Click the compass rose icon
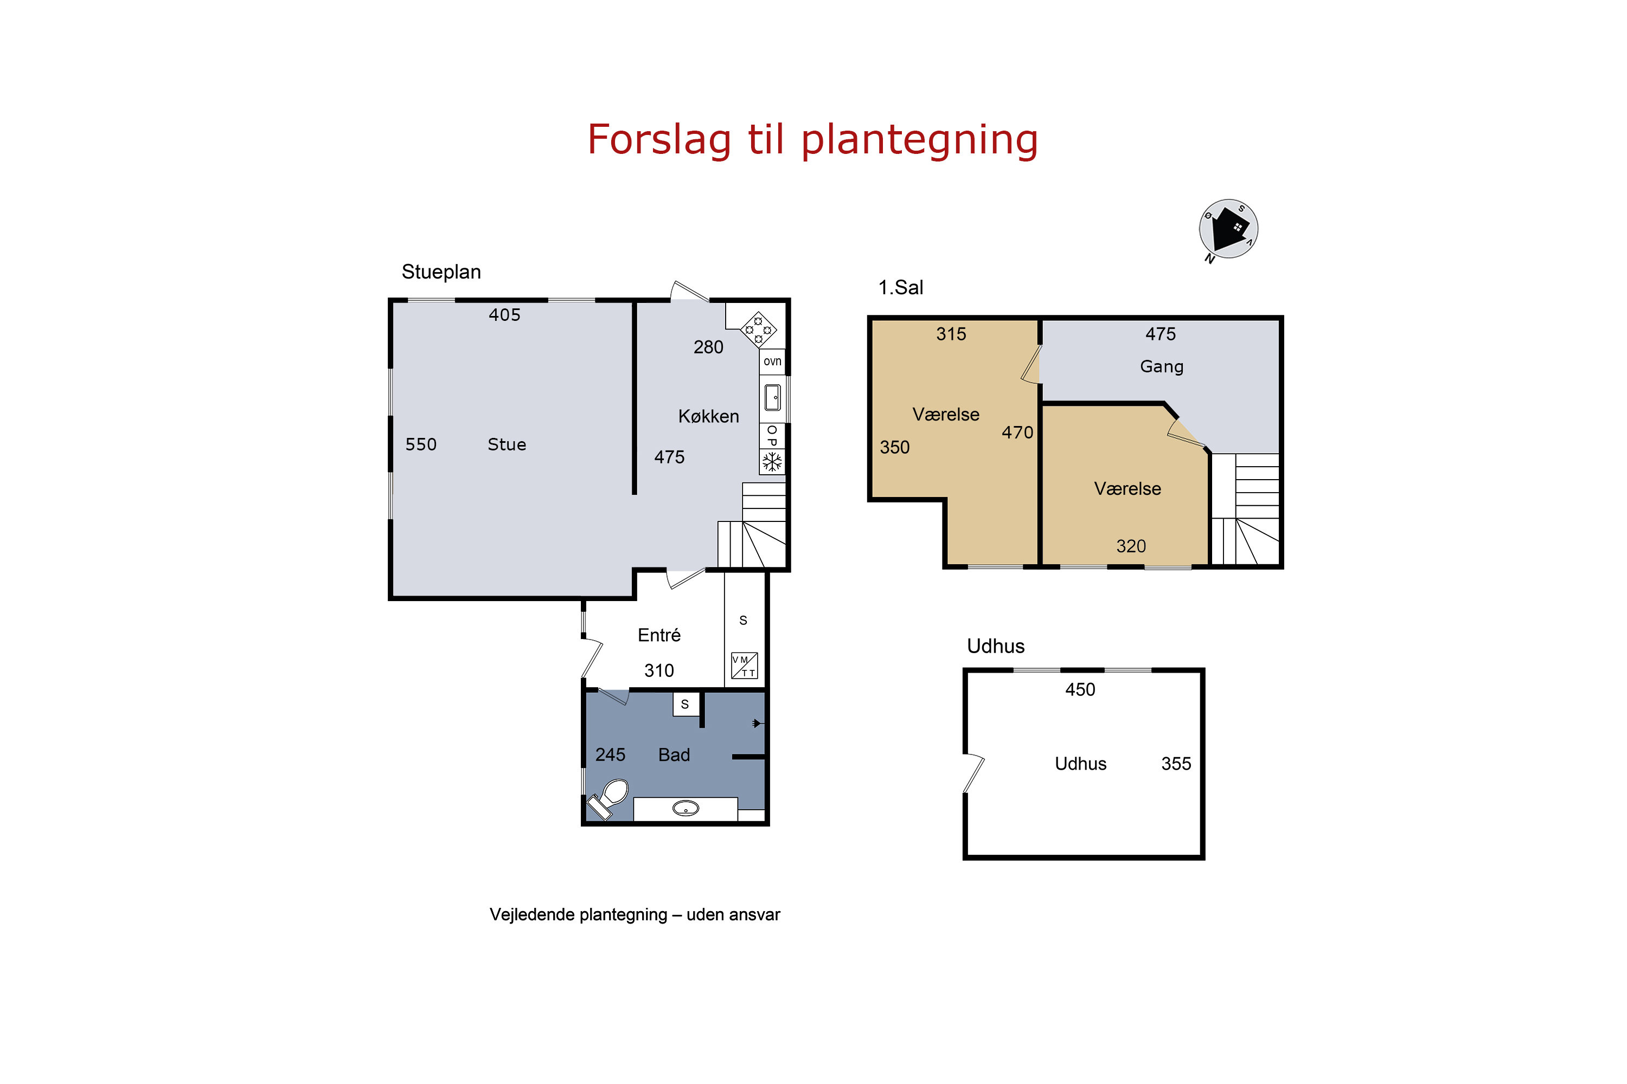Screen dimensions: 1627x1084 click(1228, 229)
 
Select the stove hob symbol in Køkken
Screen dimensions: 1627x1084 click(758, 330)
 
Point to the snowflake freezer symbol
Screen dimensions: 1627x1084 click(772, 462)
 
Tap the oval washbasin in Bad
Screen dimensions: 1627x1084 click(686, 808)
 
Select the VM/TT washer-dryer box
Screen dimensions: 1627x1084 click(744, 666)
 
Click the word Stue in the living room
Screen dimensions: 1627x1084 click(507, 444)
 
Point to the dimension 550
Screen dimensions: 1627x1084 click(421, 444)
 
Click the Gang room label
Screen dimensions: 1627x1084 click(1162, 367)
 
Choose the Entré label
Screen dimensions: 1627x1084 click(659, 635)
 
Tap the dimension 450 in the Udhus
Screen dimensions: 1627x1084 click(1080, 689)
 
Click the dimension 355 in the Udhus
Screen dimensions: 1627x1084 click(1176, 763)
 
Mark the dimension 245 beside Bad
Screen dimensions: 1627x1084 click(610, 754)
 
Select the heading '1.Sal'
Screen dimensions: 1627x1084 click(901, 288)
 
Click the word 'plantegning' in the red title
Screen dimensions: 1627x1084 click(920, 140)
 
